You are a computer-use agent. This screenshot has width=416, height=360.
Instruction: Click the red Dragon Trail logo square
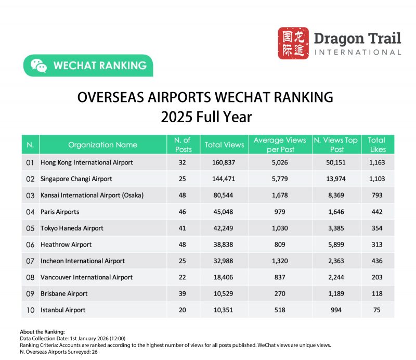(293, 43)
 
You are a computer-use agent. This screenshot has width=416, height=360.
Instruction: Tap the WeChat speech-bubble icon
(38, 66)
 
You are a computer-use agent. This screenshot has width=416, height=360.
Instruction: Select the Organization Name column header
(103, 145)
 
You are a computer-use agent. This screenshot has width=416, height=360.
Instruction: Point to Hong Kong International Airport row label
(87, 162)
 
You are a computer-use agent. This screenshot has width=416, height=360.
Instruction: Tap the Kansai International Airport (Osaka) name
(92, 195)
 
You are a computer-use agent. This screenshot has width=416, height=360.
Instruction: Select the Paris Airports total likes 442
(376, 212)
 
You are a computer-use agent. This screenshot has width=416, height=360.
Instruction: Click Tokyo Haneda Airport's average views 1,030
(280, 228)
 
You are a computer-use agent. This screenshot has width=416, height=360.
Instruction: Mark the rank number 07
(30, 261)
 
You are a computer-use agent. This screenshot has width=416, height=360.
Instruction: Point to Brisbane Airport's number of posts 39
(183, 293)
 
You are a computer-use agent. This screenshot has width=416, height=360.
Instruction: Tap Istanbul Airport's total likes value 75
(376, 310)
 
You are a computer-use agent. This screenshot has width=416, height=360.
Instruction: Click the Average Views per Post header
(280, 145)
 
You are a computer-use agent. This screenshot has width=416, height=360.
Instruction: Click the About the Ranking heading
(42, 331)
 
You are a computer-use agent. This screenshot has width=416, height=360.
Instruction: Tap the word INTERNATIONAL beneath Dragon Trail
(358, 52)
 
